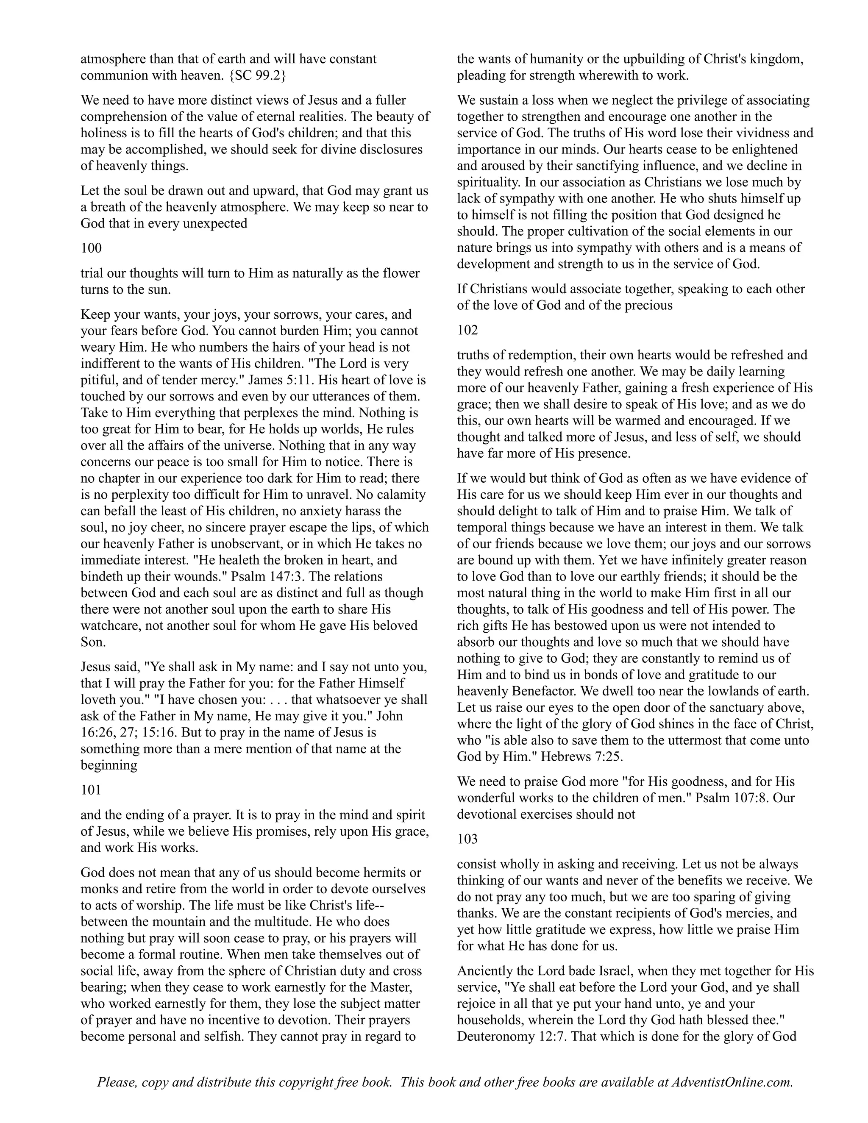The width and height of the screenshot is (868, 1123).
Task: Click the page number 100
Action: (92, 248)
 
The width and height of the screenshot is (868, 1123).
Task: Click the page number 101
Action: (92, 790)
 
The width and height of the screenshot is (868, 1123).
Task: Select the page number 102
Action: (468, 330)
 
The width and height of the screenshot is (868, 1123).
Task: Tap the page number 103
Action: (468, 839)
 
